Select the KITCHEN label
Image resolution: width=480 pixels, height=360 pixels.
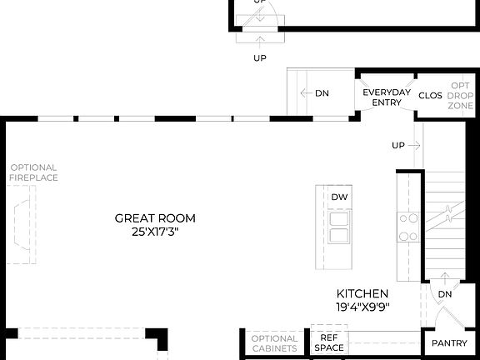click(x=362, y=293)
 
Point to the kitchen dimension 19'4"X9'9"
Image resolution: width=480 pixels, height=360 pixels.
click(x=362, y=307)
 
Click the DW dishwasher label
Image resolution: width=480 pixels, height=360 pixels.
click(x=338, y=197)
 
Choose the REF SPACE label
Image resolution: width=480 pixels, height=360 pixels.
click(x=329, y=342)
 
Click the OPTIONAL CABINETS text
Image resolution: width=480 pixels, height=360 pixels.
click(x=274, y=343)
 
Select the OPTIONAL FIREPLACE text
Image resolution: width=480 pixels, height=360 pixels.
click(x=33, y=172)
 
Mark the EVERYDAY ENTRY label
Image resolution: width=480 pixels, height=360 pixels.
click(x=387, y=97)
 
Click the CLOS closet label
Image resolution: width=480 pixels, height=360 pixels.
click(x=430, y=96)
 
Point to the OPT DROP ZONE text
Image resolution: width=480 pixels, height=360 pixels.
click(x=461, y=97)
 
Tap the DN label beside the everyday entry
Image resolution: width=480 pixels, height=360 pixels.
click(x=322, y=93)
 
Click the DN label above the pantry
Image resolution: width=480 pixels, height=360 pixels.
click(x=445, y=294)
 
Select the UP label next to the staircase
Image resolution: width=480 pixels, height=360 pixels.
click(x=398, y=146)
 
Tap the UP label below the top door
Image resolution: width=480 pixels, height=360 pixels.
click(x=260, y=57)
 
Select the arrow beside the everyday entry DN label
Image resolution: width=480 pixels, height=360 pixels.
click(x=306, y=93)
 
